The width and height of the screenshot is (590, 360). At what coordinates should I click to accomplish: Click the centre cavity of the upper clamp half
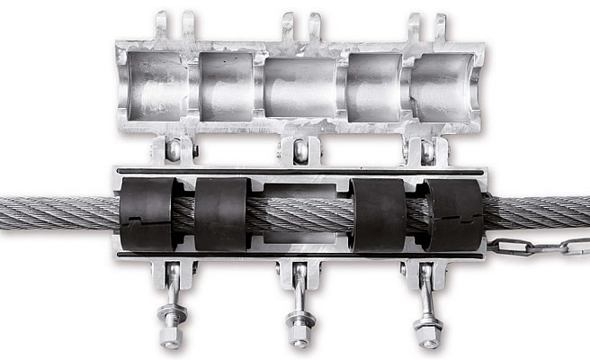click(x=300, y=86)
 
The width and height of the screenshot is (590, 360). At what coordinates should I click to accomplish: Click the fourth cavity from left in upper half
click(x=373, y=86)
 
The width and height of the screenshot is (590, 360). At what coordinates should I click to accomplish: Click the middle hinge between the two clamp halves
click(x=300, y=149)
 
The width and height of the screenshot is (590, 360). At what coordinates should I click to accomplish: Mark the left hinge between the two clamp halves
click(x=173, y=149)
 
